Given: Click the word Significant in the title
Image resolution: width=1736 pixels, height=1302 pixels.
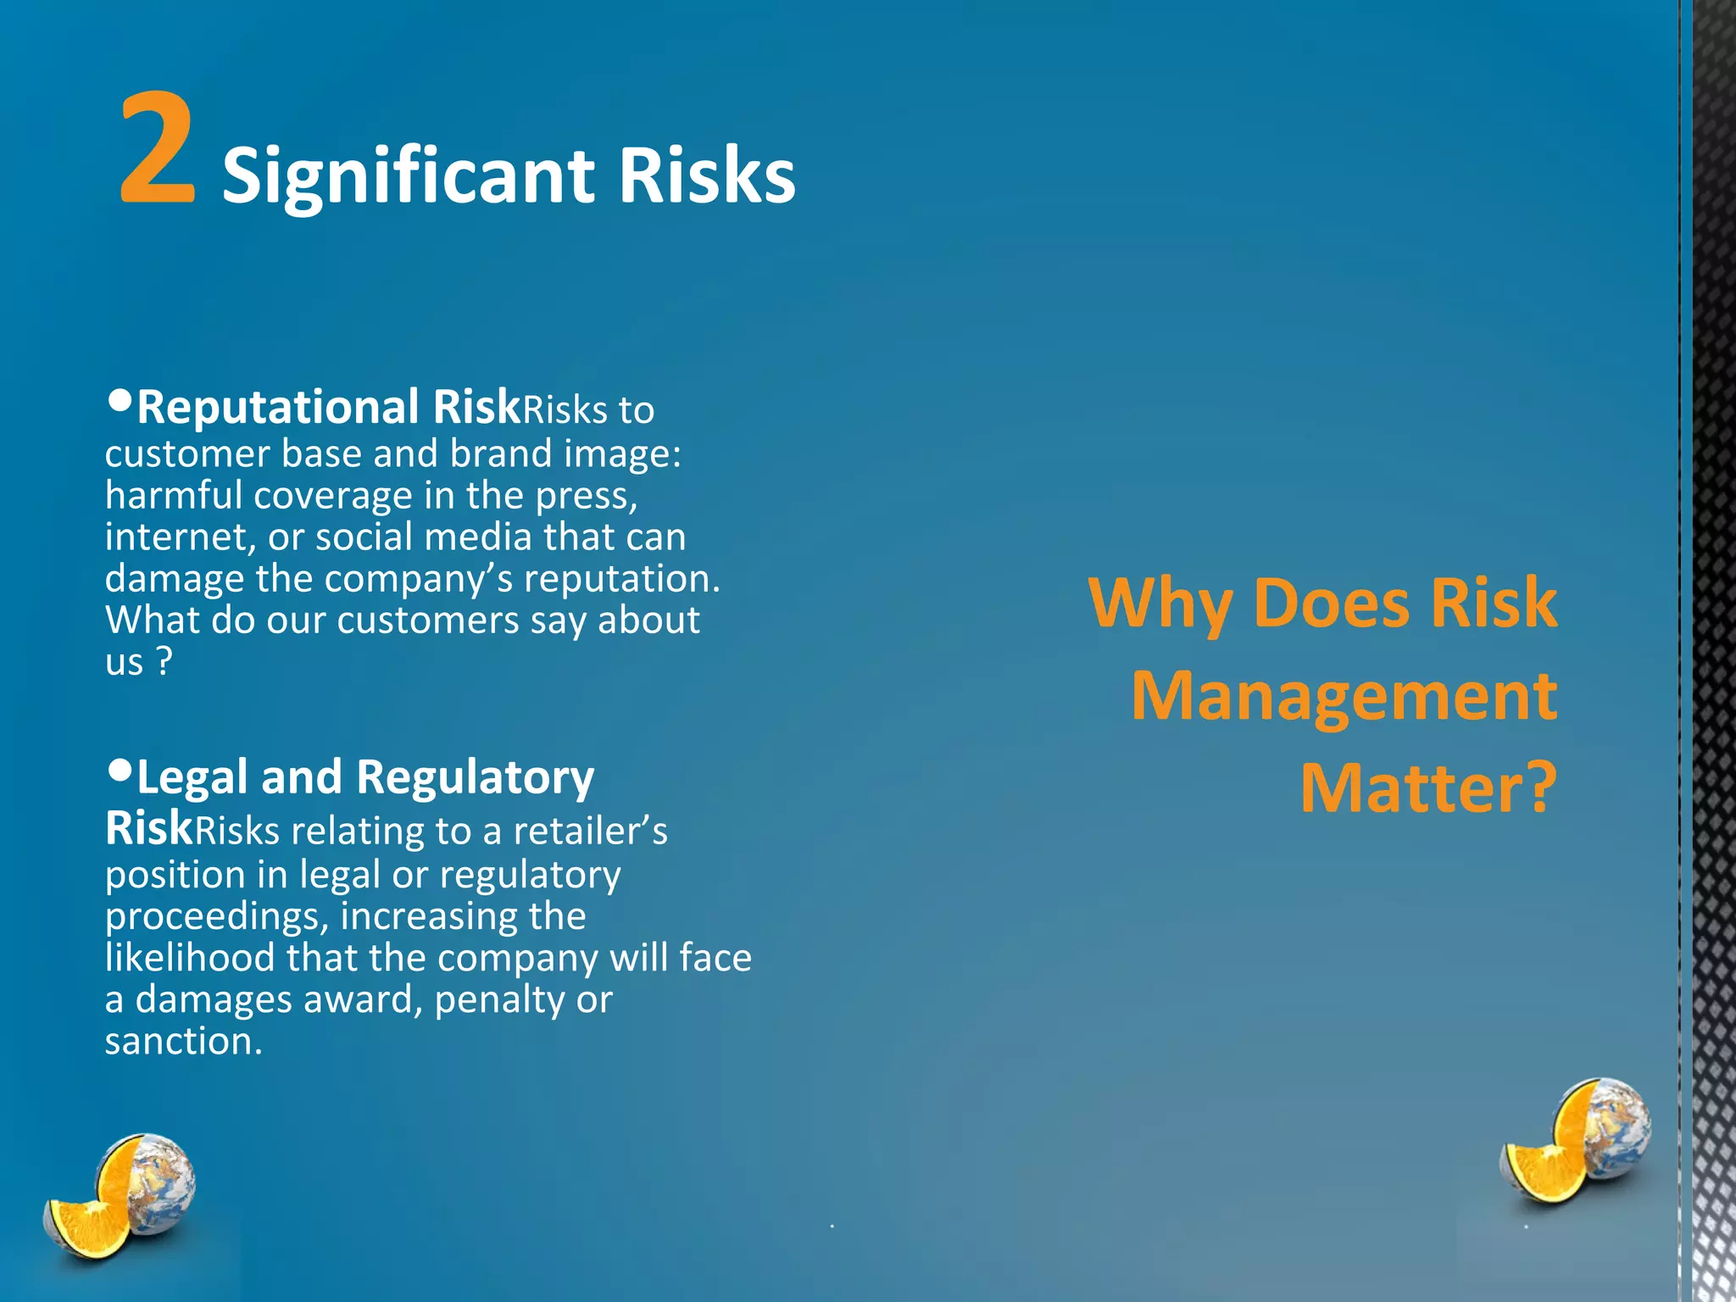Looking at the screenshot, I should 408,176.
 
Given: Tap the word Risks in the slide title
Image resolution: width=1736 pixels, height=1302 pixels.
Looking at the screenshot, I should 707,175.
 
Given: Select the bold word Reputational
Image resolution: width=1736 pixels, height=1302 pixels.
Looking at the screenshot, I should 278,407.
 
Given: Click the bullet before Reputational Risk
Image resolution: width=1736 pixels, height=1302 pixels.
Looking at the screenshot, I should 120,398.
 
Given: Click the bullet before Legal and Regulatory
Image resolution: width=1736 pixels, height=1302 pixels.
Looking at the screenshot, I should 120,770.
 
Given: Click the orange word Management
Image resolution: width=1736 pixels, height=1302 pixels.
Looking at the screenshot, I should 1344,696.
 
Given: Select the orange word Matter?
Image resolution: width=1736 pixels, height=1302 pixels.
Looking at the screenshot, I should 1428,788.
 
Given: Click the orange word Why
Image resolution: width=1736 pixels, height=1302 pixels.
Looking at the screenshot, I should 1160,604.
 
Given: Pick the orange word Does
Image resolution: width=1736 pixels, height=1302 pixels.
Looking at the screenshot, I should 1330,604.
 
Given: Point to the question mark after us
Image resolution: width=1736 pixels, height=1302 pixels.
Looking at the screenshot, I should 164,661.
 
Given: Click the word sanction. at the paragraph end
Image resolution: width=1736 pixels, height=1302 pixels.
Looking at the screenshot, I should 183,1041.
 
